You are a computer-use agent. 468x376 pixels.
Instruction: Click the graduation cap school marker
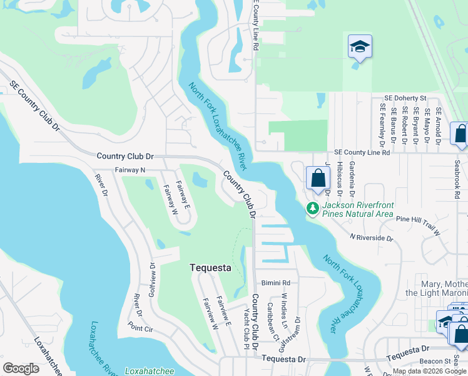point(360,47)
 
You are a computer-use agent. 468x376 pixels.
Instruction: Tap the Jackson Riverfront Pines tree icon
point(312,209)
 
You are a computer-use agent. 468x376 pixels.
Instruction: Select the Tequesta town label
point(210,268)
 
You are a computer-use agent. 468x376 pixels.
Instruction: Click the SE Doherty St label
point(405,98)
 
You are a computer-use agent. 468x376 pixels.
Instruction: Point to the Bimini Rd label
point(277,283)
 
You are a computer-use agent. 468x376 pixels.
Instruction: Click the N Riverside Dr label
point(372,238)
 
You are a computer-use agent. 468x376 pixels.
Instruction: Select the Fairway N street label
point(130,170)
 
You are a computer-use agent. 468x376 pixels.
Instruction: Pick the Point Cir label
point(141,326)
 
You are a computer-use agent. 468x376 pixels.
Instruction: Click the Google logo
point(21,368)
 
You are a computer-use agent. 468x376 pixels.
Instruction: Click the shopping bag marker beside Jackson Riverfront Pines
point(318,179)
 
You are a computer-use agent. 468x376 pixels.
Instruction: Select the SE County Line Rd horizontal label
point(362,152)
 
